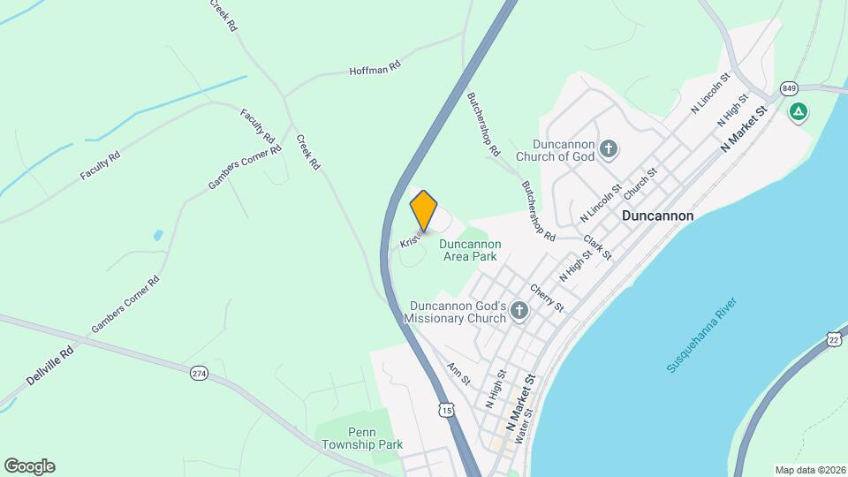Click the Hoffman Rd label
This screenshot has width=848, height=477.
click(x=375, y=68)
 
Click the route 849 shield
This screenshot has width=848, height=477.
click(x=789, y=88)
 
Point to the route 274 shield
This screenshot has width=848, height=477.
click(x=199, y=374)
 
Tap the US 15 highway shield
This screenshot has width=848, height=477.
click(x=446, y=410)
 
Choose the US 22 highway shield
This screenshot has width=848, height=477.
click(x=834, y=339)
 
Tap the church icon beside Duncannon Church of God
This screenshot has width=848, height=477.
click(x=608, y=148)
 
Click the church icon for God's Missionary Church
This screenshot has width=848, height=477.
click(x=519, y=310)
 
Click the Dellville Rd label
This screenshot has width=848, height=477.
click(x=49, y=364)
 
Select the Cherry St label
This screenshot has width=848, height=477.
click(x=547, y=297)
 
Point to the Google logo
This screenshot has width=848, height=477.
click(x=29, y=466)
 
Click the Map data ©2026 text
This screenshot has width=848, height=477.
click(x=809, y=470)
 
